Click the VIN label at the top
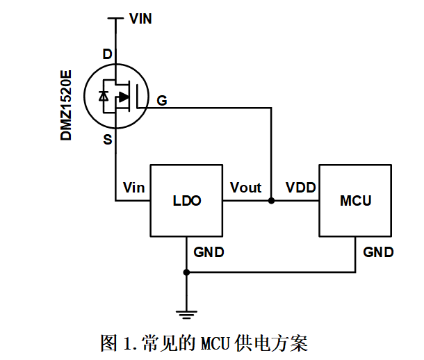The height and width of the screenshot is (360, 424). pos(140,19)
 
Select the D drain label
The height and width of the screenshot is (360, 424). pos(106,54)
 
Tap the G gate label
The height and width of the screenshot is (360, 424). pos(161,101)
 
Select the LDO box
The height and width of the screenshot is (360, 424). pos(186,201)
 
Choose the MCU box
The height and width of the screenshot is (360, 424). pos(355,201)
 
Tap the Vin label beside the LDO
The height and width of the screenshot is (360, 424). pos(133,188)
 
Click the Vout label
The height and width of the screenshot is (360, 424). pos(245,188)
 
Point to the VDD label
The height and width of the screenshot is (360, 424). pos(300,188)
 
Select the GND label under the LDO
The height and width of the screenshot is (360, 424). pos(209,252)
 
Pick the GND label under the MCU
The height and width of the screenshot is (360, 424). pos(378,252)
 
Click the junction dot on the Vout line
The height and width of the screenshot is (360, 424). pos(271,201)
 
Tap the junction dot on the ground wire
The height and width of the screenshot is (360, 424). pos(186,272)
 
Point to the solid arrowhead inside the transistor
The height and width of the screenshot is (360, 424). pos(123,97)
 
